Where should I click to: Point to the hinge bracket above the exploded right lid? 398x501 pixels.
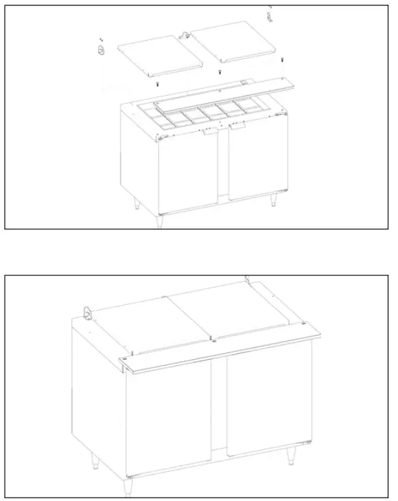click(x=270, y=14)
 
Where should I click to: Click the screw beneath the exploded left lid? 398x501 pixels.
click(x=157, y=85)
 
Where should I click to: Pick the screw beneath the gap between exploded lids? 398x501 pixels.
click(x=219, y=72)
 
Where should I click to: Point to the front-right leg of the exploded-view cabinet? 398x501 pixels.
click(x=274, y=200)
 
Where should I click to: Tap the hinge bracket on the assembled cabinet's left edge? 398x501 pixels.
click(x=86, y=312)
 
